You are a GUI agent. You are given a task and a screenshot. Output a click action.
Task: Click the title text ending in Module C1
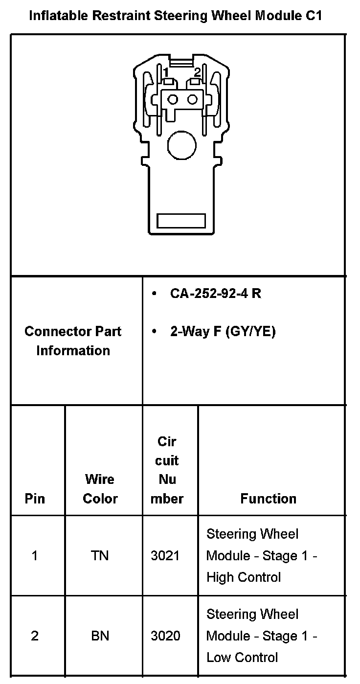pyautogui.click(x=176, y=16)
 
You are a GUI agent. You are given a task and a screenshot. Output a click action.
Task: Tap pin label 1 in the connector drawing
pyautogui.click(x=166, y=72)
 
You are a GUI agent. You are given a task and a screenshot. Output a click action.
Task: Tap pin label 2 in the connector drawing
pyautogui.click(x=197, y=72)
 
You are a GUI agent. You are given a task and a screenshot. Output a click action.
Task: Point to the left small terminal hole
pyautogui.click(x=172, y=100)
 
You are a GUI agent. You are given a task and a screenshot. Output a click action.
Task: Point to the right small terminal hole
pyautogui.click(x=192, y=100)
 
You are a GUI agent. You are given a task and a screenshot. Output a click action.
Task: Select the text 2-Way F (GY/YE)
pyautogui.click(x=223, y=332)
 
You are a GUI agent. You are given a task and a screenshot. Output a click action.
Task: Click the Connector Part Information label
pyautogui.click(x=73, y=341)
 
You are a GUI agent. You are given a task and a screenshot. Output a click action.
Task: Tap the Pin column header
pyautogui.click(x=35, y=499)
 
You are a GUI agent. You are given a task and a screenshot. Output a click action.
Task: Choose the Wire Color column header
pyautogui.click(x=100, y=489)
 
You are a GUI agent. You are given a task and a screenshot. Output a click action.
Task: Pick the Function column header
pyautogui.click(x=269, y=499)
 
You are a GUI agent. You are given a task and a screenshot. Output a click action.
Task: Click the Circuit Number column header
pyautogui.click(x=167, y=470)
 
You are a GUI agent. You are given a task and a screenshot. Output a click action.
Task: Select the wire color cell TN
pyautogui.click(x=100, y=556)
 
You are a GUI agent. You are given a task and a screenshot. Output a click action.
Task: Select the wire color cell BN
pyautogui.click(x=100, y=636)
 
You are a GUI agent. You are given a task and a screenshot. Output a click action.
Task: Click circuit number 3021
pyautogui.click(x=165, y=556)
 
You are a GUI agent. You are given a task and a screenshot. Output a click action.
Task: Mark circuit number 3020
pyautogui.click(x=165, y=636)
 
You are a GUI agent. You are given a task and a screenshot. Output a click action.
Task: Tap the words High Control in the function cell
pyautogui.click(x=244, y=577)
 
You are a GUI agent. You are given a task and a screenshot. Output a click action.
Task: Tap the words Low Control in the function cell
pyautogui.click(x=242, y=658)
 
